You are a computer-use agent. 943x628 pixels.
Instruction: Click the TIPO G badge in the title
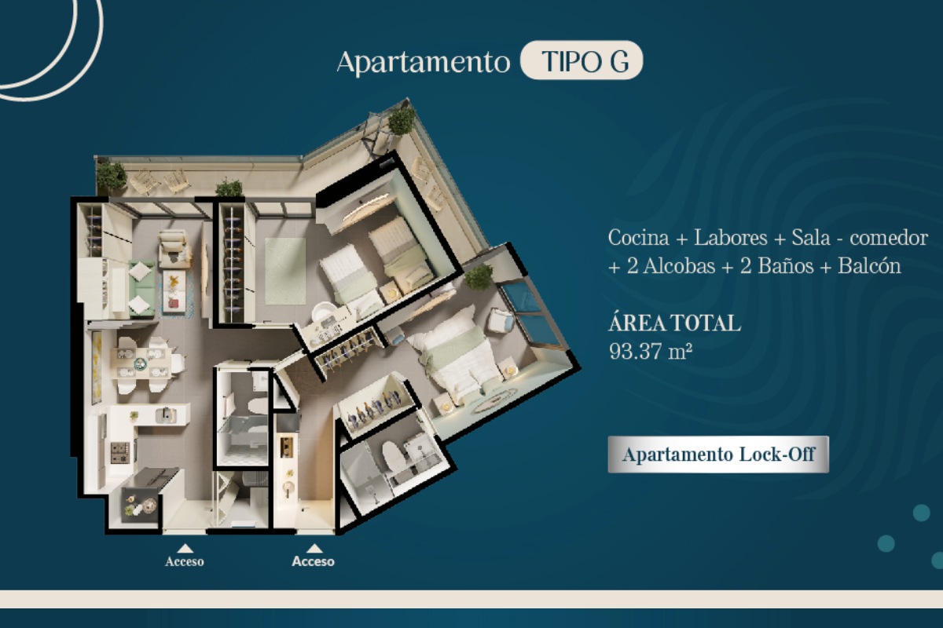click(x=582, y=60)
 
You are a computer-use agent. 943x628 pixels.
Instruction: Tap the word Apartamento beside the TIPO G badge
click(x=424, y=63)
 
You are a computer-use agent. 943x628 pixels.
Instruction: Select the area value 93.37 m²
click(x=651, y=351)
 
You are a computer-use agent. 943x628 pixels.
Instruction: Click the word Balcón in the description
click(x=869, y=265)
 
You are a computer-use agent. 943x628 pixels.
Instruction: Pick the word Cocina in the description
click(x=638, y=238)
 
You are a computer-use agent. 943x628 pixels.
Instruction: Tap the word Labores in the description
click(x=730, y=238)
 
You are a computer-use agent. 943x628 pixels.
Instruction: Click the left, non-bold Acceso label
click(x=185, y=561)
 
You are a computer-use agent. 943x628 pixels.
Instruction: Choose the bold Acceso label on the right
click(x=314, y=561)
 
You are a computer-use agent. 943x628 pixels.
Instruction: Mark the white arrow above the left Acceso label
click(x=185, y=549)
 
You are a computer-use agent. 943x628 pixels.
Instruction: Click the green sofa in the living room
click(x=141, y=288)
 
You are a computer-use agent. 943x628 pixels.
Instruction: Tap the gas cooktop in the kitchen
click(x=119, y=452)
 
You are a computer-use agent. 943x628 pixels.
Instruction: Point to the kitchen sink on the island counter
click(x=166, y=415)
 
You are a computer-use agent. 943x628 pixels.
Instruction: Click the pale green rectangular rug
click(x=285, y=271)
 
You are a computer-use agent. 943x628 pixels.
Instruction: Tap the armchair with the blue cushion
click(x=501, y=320)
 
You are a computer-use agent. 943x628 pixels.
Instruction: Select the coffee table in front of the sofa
click(x=174, y=291)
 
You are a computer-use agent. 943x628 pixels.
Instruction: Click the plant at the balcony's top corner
click(x=402, y=121)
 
